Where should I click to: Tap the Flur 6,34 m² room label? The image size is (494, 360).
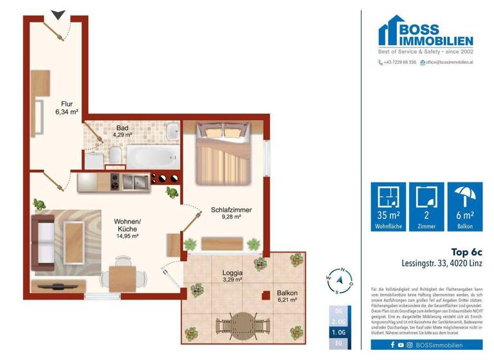(67, 107)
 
